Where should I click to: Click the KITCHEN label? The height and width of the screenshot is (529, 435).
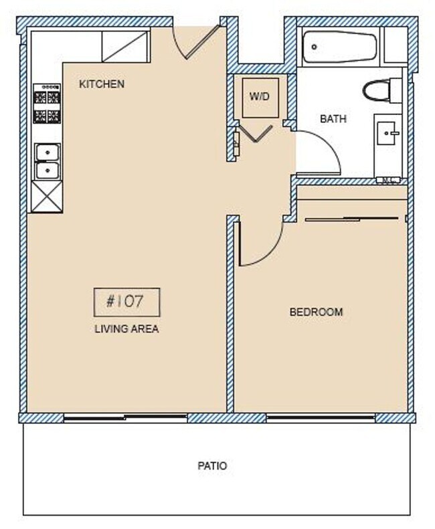pyautogui.click(x=102, y=84)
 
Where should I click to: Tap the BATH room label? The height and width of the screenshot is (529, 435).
pyautogui.click(x=333, y=119)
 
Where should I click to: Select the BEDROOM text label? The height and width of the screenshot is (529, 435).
pyautogui.click(x=316, y=312)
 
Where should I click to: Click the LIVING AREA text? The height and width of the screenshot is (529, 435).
pyautogui.click(x=126, y=329)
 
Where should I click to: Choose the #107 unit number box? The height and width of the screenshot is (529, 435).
pyautogui.click(x=126, y=302)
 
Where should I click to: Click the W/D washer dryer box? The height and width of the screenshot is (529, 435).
pyautogui.click(x=260, y=97)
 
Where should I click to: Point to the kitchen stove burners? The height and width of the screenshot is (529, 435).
pyautogui.click(x=47, y=103)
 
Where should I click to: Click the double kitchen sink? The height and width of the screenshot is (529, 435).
pyautogui.click(x=47, y=161)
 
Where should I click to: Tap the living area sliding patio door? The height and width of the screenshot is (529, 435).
pyautogui.click(x=126, y=418)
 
